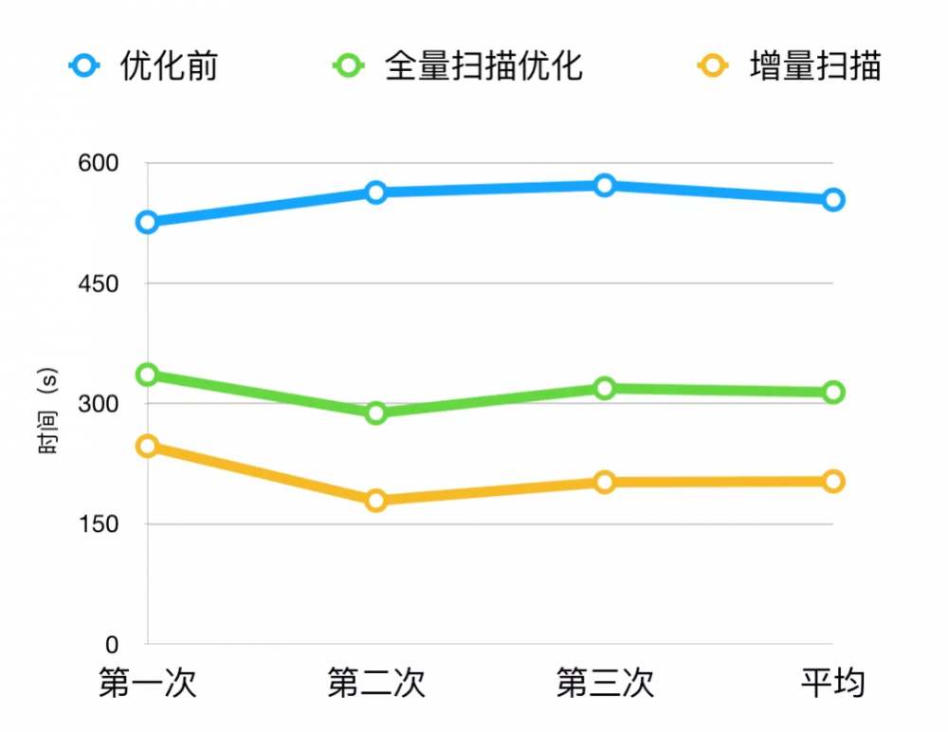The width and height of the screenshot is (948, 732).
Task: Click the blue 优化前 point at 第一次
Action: (147, 222)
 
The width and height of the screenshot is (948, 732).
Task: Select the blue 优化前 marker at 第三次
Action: (605, 185)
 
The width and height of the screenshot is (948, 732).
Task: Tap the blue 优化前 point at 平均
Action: (833, 199)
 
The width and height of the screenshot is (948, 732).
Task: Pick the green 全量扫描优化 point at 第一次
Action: (147, 375)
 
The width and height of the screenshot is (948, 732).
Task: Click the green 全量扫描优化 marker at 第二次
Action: (376, 412)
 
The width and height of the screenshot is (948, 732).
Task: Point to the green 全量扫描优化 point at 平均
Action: (833, 392)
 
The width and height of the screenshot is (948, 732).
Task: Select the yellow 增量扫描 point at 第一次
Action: (147, 446)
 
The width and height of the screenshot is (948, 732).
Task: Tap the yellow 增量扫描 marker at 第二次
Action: (376, 500)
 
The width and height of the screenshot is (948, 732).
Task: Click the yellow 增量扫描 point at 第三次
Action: (605, 482)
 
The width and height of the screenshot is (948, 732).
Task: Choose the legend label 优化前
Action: (169, 66)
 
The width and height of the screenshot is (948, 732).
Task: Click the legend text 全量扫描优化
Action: (483, 66)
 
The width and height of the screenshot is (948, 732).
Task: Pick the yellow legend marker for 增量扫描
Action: (712, 66)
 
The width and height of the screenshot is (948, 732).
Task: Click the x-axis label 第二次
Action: (376, 684)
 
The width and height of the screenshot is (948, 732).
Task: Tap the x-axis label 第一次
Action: (147, 684)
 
